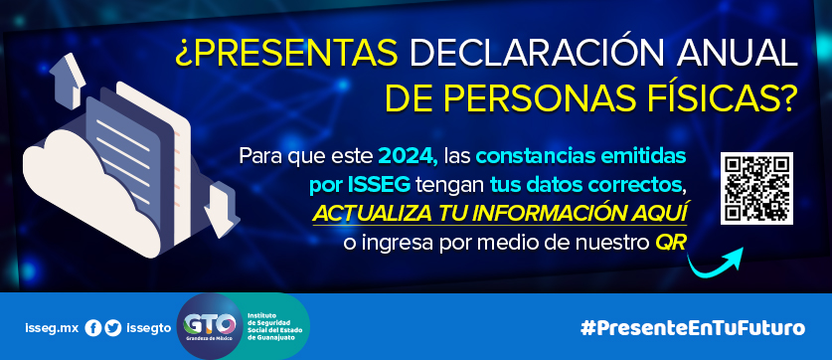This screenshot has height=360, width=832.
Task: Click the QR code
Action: click(756, 188)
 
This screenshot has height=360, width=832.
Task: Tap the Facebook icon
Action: click(92, 328)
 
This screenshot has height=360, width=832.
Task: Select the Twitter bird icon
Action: click(113, 328)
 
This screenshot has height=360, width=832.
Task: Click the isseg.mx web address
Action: click(52, 328)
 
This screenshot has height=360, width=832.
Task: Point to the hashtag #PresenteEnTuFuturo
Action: click(693, 327)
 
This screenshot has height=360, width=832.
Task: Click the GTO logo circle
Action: click(209, 325)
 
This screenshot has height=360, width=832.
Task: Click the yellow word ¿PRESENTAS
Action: click(287, 55)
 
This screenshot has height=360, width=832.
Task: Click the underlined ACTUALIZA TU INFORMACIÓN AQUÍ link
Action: click(500, 214)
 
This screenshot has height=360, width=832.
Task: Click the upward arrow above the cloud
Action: click(68, 80)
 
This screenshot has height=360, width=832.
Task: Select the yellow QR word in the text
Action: click(671, 243)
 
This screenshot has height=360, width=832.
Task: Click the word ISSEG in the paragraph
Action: click(380, 185)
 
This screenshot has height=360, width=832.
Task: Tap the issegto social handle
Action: click(149, 328)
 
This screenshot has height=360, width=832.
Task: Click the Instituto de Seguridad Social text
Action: click(273, 328)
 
